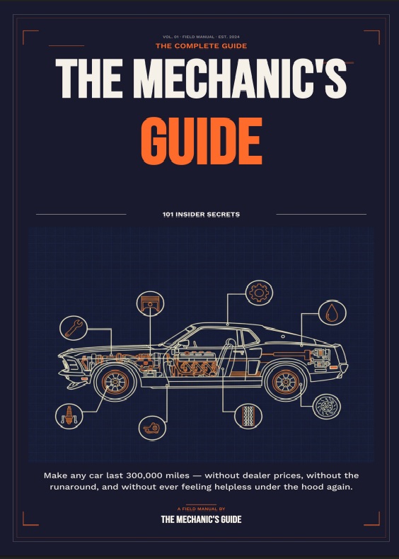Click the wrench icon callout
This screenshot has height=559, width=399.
tap(74, 328)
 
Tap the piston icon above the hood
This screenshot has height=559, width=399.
tap(150, 304)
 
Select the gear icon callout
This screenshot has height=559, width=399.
tap(259, 293)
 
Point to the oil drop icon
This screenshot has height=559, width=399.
tap(332, 312)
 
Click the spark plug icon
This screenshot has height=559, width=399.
tap(69, 416)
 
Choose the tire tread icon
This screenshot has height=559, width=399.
tap(248, 416)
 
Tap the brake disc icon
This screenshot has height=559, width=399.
tap(327, 407)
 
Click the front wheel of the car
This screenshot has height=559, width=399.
tap(115, 382)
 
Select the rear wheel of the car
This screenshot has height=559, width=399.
tap(285, 382)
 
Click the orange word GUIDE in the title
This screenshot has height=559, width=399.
tap(202, 141)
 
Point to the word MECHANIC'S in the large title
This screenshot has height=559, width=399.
tap(240, 79)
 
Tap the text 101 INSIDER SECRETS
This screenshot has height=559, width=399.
tap(201, 214)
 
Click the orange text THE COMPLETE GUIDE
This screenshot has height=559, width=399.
tap(201, 45)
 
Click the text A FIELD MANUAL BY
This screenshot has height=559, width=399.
tap(201, 509)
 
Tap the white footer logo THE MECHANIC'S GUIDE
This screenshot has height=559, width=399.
tap(201, 519)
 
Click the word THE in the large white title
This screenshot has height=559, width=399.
tap(89, 79)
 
